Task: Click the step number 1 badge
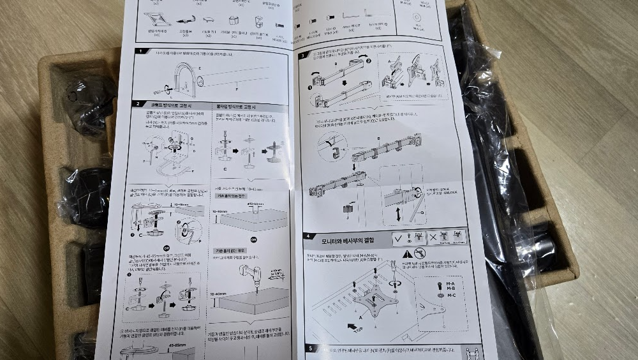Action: point(138,52)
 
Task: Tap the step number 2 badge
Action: point(137,104)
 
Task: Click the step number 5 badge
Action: point(310,349)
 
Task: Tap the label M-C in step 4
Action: point(450,295)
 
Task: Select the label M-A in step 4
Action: point(450,283)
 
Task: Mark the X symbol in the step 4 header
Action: point(434,237)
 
